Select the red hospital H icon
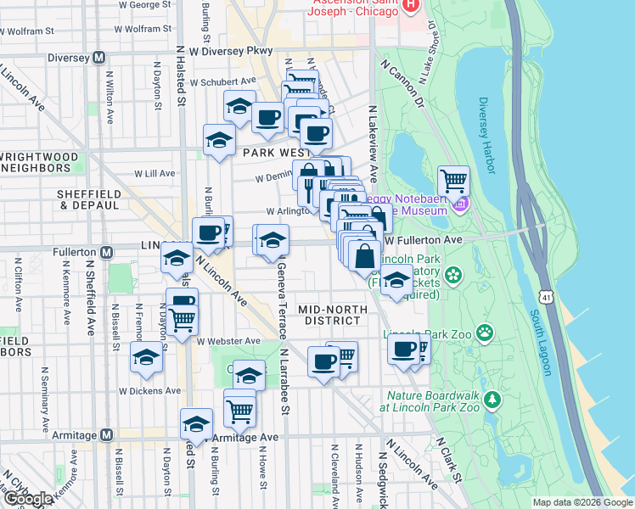tap(412, 5)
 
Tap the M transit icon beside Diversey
tap(99, 59)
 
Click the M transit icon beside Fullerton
tap(107, 252)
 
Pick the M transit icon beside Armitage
tap(106, 435)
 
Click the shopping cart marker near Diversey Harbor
tap(454, 180)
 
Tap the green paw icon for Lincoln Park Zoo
tap(485, 332)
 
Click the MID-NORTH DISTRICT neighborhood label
tap(333, 315)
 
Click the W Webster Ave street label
tap(228, 341)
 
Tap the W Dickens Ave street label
tap(149, 391)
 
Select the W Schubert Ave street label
tap(222, 82)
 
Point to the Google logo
tap(28, 499)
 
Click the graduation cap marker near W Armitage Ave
tap(194, 422)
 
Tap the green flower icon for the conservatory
tap(453, 275)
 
